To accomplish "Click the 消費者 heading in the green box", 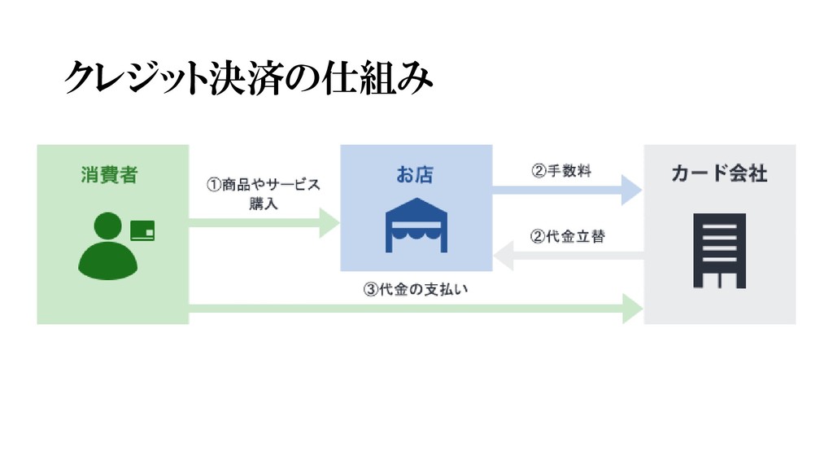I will click(109, 174).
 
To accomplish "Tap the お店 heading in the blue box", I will click(414, 174).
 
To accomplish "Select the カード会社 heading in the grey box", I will click(719, 174).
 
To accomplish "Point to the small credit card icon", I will click(142, 230).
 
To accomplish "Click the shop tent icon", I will click(416, 226).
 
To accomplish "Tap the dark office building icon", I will click(719, 250).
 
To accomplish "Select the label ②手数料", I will click(563, 171).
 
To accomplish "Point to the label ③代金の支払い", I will click(416, 289).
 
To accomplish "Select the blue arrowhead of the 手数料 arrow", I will click(631, 190).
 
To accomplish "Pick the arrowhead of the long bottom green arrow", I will click(633, 309).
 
